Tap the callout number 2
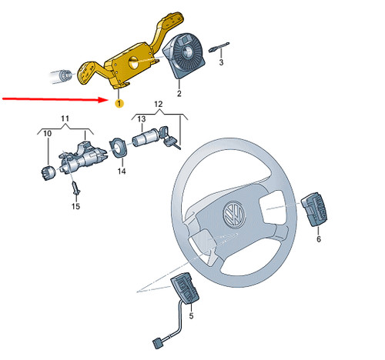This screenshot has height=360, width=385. (179, 94)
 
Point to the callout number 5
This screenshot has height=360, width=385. (192, 316)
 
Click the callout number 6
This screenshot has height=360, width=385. (318, 239)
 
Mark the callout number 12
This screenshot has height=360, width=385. (159, 103)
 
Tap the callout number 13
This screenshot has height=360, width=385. (142, 118)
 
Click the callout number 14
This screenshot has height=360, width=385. (121, 172)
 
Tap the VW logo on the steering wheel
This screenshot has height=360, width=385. (232, 215)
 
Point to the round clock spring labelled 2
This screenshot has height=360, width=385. (185, 54)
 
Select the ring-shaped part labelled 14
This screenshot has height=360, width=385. (119, 145)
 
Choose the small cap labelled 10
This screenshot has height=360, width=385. (45, 171)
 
